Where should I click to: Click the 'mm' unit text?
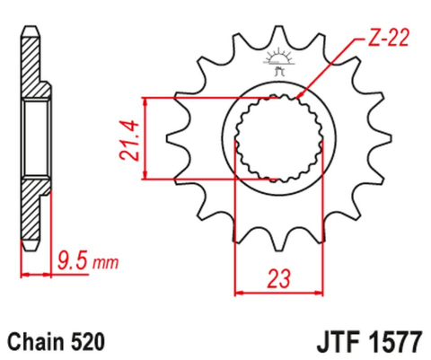(x=105, y=264)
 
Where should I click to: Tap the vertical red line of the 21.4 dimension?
(x=144, y=137)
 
